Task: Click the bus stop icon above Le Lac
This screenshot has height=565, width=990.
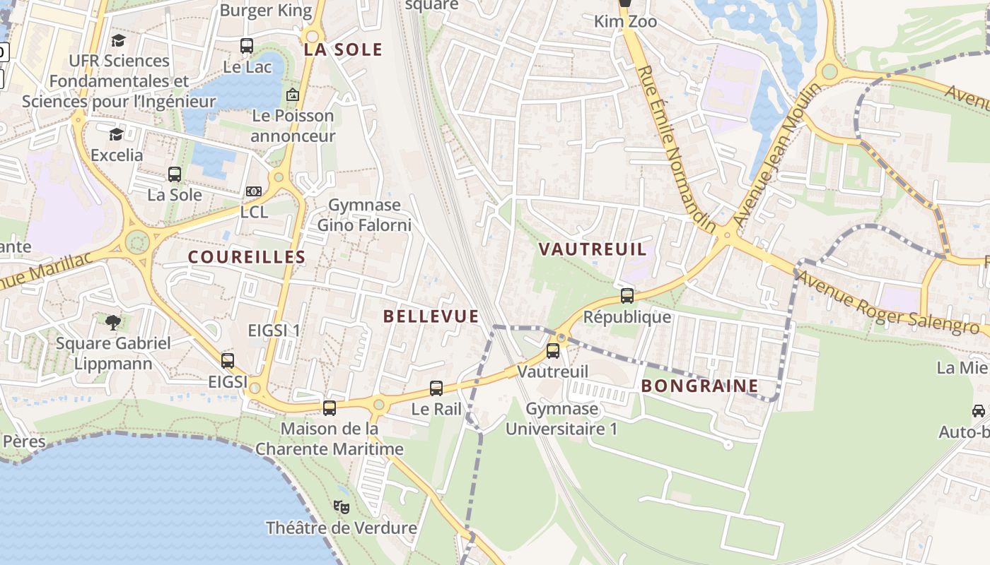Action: [247, 46]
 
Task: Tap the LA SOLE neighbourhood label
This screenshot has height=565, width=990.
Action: [343, 49]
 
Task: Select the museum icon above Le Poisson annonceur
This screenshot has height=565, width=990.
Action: [292, 94]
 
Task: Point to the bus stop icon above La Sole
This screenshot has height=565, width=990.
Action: [175, 174]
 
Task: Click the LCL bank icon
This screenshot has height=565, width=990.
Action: [254, 191]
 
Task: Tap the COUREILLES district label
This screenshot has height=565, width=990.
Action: [247, 257]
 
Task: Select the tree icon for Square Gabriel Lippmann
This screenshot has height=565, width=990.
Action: [113, 323]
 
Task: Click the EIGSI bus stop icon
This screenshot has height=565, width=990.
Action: [228, 360]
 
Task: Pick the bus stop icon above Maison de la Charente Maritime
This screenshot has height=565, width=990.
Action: [330, 408]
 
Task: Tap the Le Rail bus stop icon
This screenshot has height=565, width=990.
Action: [436, 388]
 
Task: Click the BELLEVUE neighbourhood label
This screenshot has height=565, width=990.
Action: [431, 316]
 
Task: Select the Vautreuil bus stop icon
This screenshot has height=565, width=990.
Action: [553, 350]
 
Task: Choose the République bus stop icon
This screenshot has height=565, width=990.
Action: [627, 296]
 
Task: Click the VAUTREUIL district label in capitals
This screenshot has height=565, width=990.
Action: [593, 249]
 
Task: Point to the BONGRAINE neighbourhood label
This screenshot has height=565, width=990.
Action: [700, 386]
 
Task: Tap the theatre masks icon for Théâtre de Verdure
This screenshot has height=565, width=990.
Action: [342, 506]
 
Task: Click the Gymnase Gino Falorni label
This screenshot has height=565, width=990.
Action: [364, 215]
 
